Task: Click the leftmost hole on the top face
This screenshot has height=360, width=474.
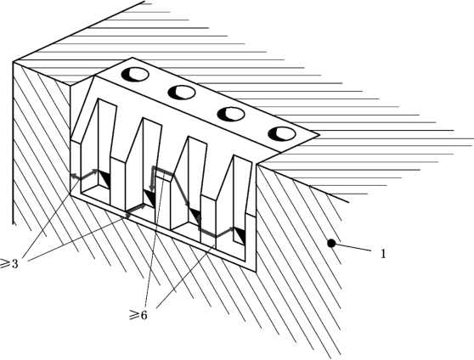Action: [x=135, y=75]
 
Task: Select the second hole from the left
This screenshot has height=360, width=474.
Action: [x=182, y=93]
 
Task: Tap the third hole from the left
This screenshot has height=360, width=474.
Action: [x=231, y=114]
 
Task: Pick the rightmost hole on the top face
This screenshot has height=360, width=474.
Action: [x=282, y=134]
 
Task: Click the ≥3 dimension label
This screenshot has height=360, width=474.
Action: [x=9, y=263]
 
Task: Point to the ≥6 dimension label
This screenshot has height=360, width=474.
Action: [x=138, y=315]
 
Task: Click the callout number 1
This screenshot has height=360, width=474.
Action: [x=383, y=254]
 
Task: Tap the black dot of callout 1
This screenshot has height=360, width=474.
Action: [x=331, y=243]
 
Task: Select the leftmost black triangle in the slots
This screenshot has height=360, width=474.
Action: [x=104, y=178]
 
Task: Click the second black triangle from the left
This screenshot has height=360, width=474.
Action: [x=150, y=198]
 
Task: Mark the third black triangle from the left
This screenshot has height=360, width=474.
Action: [x=195, y=217]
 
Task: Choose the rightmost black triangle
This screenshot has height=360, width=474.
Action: [x=240, y=236]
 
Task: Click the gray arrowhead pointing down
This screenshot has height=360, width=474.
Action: [x=152, y=189]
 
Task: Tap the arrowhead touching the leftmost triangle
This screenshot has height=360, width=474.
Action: [x=95, y=171]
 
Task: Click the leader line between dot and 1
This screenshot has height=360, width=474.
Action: [x=353, y=246]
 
